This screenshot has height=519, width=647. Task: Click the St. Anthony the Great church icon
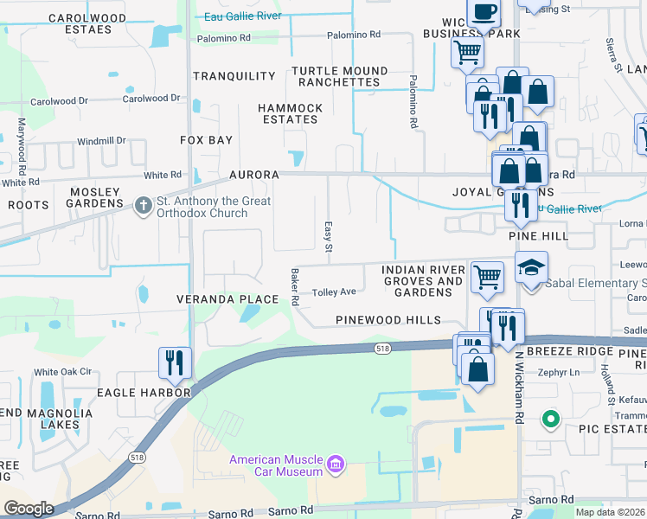tap(144, 206)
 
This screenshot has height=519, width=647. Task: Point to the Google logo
tap(29, 508)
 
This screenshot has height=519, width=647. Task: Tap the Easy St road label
tap(328, 236)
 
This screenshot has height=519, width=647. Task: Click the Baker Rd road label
tap(295, 287)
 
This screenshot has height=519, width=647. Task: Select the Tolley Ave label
tap(334, 292)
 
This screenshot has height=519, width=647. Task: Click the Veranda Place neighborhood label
tap(227, 299)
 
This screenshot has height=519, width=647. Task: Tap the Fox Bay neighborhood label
tap(206, 139)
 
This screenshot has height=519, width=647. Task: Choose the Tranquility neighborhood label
tap(234, 76)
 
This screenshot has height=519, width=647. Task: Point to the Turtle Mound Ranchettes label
tap(339, 76)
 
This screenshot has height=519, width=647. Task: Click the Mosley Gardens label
tap(85, 197)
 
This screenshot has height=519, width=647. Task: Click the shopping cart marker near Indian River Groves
tap(487, 276)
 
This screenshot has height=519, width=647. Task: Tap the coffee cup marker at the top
tap(484, 13)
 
